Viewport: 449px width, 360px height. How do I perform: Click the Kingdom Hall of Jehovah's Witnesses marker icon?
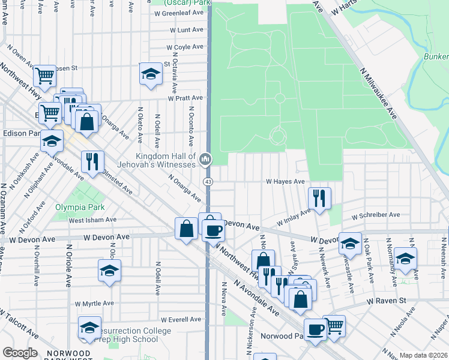coord(205,159)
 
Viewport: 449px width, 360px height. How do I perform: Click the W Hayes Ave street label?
coord(286,181)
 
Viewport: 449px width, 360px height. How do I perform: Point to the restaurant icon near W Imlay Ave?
coord(319,197)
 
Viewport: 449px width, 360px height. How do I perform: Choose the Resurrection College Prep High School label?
coord(128,335)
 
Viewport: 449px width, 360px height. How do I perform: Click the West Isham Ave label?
coord(86,221)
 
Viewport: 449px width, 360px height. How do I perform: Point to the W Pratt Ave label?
coord(185,98)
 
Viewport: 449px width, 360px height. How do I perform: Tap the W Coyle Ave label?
coord(186,47)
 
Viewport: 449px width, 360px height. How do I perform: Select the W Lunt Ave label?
coord(187,29)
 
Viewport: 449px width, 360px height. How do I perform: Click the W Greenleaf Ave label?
coord(180,12)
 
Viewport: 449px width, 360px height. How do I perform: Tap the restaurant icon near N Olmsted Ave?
coord(92,161)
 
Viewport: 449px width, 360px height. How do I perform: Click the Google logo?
coord(20,353)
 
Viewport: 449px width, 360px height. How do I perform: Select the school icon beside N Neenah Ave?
coord(406,259)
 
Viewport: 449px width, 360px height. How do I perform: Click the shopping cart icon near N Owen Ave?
coord(44,76)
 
